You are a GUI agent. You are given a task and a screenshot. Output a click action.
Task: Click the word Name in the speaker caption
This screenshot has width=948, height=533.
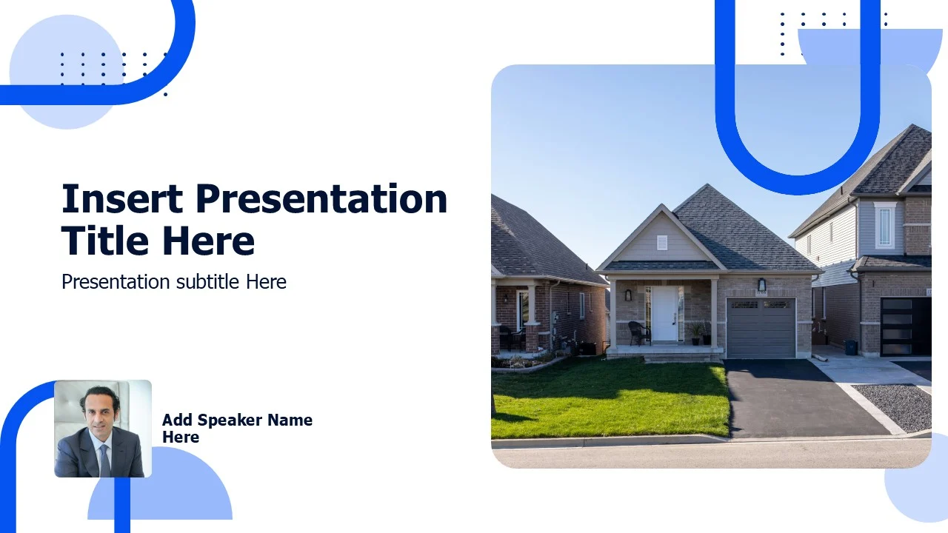[x=290, y=420]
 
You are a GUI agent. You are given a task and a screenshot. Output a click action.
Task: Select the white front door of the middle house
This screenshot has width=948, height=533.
[x=665, y=313]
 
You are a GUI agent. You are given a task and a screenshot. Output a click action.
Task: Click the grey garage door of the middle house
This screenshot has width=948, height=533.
[x=761, y=328]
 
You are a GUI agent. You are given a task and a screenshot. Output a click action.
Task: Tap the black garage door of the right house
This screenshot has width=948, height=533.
[x=906, y=326]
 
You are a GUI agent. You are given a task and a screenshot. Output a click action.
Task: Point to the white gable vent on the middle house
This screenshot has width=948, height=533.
[x=662, y=243]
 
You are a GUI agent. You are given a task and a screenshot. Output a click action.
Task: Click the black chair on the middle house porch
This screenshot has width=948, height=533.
[x=639, y=333]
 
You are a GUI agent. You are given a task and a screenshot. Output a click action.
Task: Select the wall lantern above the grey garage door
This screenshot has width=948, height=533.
[x=761, y=285]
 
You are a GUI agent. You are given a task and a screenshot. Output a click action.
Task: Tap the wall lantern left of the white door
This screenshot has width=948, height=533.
[x=628, y=295]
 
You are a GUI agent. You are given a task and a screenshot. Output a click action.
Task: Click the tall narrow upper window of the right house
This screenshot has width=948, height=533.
[x=884, y=227]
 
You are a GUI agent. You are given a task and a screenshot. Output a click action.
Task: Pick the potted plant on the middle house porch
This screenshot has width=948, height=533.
[x=695, y=333]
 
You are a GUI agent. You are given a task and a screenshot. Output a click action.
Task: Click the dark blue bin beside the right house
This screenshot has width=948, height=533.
[x=851, y=348]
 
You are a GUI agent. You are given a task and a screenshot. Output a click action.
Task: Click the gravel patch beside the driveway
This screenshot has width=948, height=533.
[x=893, y=405]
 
